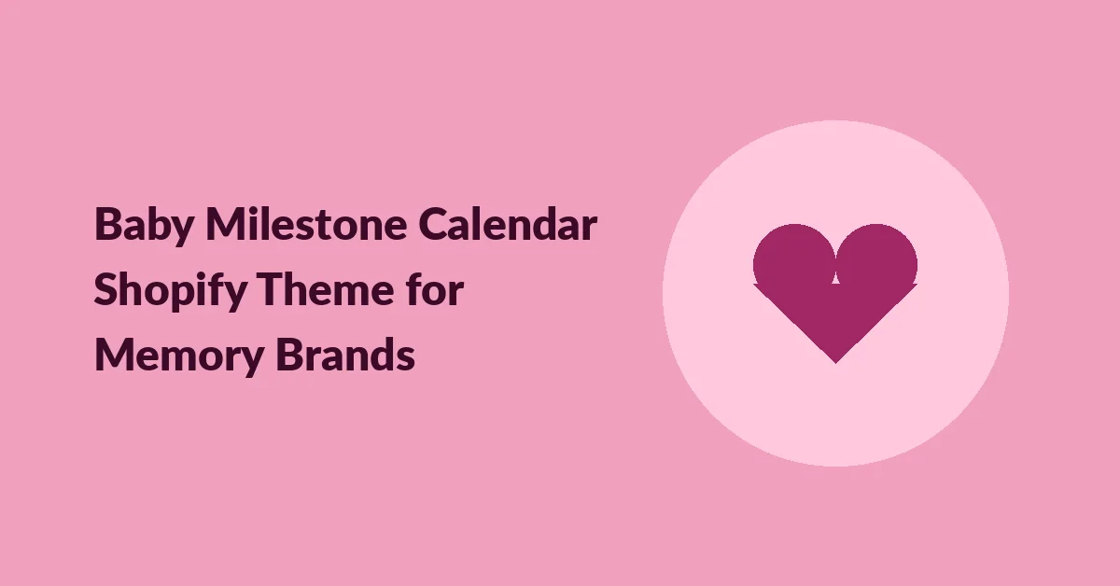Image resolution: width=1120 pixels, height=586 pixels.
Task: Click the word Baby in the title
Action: (x=144, y=226)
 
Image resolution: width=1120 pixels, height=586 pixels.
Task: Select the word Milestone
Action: (x=306, y=224)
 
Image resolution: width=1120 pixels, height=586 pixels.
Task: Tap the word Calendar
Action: (x=508, y=224)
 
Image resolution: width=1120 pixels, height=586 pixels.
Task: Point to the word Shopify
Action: (x=171, y=291)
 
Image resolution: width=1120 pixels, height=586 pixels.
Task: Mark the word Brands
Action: (x=345, y=354)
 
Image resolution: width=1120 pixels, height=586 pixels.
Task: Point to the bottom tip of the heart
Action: (x=835, y=363)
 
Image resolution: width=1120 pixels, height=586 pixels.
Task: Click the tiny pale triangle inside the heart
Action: (x=835, y=278)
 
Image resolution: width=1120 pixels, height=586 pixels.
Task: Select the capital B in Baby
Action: (x=109, y=224)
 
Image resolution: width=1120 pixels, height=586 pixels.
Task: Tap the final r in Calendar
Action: (x=588, y=228)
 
